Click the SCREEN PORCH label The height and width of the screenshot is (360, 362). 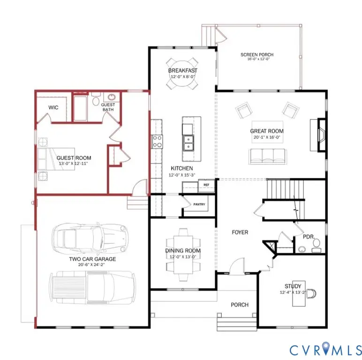click(x=257, y=55)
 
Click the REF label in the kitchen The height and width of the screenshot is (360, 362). click(x=206, y=185)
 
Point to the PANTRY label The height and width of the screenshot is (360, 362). click(x=199, y=204)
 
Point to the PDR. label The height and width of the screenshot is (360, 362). click(x=308, y=237)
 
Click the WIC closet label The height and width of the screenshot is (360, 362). click(x=53, y=107)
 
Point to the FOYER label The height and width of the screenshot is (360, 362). click(x=240, y=232)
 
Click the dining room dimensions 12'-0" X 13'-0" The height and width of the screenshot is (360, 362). click(x=183, y=257)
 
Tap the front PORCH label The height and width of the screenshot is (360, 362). click(x=239, y=305)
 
